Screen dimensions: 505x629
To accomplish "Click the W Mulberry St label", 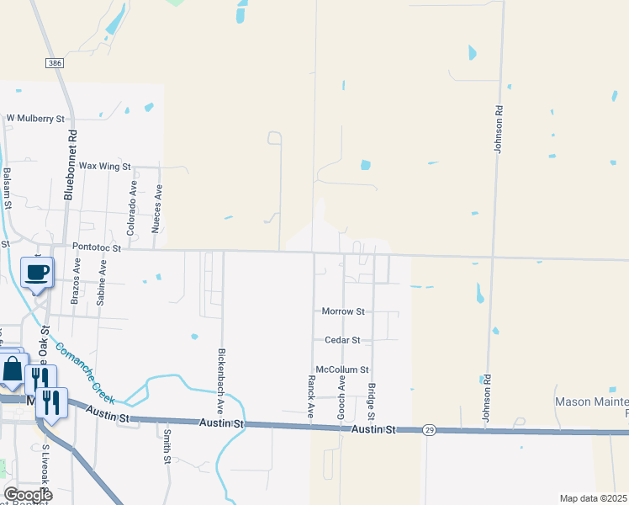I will coord(35,119).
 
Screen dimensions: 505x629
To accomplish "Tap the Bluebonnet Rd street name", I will coord(72,164).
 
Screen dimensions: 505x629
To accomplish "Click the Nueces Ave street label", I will coord(156,210).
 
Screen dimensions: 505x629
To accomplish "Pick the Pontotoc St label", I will coord(98,248).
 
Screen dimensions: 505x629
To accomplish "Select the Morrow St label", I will coord(343,311).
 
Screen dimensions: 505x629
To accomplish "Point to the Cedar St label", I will coord(342,340).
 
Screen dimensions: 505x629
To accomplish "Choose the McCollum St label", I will coord(341,369).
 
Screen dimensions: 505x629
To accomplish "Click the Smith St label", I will coord(166,447).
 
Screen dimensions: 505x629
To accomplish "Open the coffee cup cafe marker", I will coord(37,273).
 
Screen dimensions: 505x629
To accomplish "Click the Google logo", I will coord(28,495).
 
